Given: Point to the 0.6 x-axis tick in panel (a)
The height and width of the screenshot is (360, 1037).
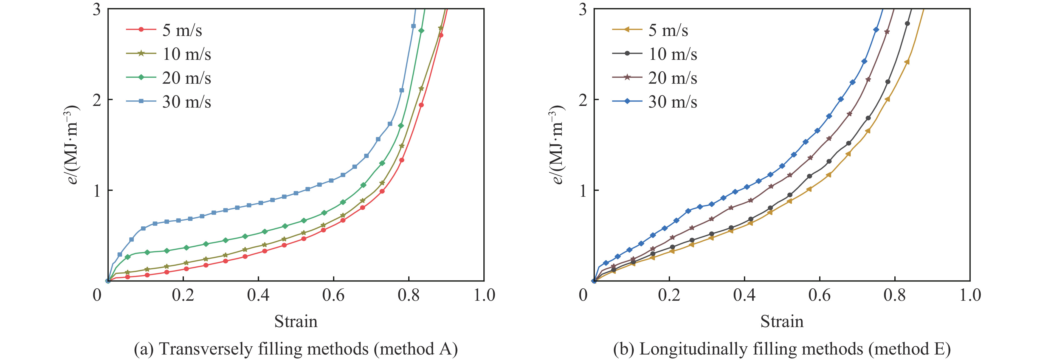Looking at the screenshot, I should [x=333, y=295].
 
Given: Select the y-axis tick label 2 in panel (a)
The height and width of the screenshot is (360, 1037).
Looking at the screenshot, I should [x=97, y=100].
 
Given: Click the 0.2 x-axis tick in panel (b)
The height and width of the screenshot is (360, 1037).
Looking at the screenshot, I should [x=669, y=295].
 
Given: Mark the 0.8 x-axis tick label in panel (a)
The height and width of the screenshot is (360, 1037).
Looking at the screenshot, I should [x=408, y=295].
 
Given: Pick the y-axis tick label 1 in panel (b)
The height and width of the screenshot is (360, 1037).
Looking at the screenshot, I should [x=582, y=190].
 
